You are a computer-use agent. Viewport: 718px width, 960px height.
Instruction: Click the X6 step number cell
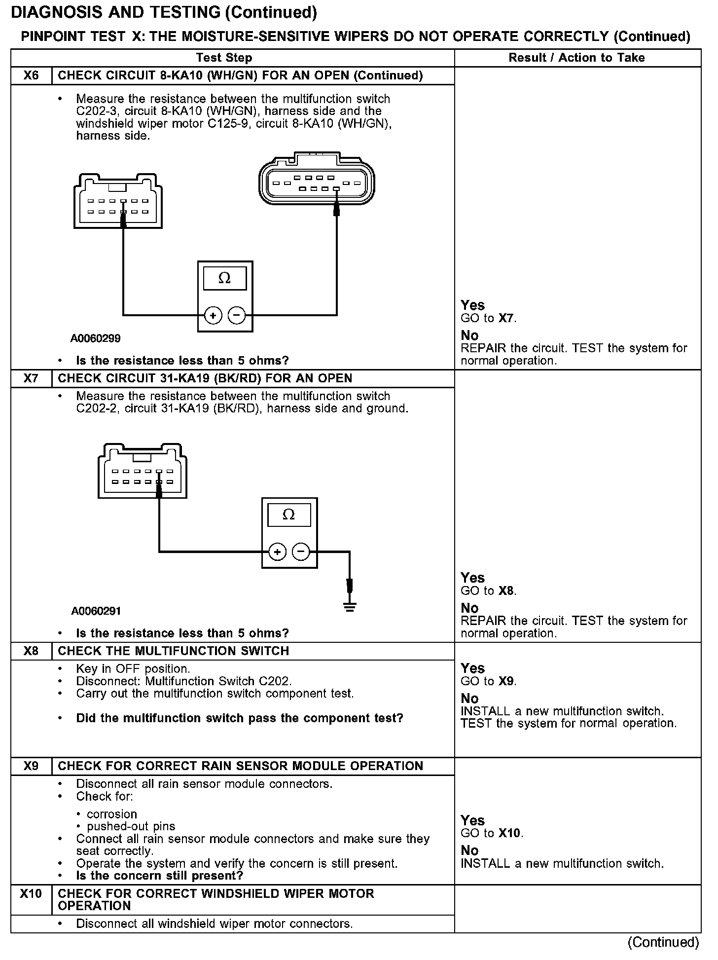31,75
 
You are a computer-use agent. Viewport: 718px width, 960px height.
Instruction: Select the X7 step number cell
31,378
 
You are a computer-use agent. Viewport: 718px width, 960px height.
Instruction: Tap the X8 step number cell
31,651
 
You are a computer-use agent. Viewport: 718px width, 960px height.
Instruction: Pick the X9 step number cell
31,766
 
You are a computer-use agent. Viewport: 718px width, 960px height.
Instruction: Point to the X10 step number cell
31,893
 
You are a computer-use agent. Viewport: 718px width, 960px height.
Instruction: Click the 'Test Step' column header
224,58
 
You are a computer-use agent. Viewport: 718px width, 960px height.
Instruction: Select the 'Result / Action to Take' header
576,58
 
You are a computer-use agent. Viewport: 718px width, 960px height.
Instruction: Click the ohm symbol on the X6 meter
224,279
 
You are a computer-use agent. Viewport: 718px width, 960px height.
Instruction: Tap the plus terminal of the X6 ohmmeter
213,315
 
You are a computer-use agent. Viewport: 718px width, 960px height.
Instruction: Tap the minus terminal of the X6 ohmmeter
237,315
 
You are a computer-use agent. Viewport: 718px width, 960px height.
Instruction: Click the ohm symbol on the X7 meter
289,515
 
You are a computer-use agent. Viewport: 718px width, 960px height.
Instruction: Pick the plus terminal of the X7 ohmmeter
278,552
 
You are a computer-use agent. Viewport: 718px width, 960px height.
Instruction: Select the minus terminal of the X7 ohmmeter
301,552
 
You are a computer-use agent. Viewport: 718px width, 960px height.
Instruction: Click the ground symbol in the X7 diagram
350,606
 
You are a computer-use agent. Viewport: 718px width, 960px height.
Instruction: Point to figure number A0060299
95,338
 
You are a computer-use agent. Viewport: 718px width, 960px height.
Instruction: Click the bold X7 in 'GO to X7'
506,318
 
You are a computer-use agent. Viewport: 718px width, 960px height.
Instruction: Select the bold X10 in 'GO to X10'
510,833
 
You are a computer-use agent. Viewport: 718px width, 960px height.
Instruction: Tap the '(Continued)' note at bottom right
663,942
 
